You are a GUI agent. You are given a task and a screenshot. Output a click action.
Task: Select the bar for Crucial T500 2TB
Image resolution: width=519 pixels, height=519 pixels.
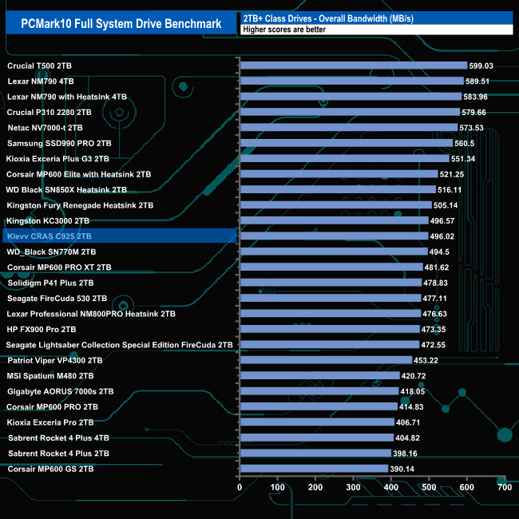(353, 65)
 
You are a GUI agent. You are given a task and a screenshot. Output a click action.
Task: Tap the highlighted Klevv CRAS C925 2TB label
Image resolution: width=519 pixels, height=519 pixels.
(50, 236)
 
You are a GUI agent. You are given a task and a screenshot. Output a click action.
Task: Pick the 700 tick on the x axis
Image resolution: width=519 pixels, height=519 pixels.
(504, 487)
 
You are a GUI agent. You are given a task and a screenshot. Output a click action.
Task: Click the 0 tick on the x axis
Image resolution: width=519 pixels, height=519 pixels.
(240, 487)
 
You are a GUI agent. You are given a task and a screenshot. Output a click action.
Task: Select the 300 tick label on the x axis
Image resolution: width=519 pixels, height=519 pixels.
(353, 487)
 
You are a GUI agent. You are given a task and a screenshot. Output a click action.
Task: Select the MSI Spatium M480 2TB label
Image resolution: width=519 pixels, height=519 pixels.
(50, 375)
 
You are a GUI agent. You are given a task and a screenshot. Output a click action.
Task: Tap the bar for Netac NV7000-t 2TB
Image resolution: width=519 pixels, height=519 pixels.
(348, 128)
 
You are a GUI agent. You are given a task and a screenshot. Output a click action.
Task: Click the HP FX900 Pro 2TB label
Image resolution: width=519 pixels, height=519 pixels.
(42, 329)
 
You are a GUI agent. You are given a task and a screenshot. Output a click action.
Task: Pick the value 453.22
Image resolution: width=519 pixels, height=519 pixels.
(428, 360)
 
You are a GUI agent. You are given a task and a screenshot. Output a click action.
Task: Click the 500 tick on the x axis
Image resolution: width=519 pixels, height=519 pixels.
(429, 487)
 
